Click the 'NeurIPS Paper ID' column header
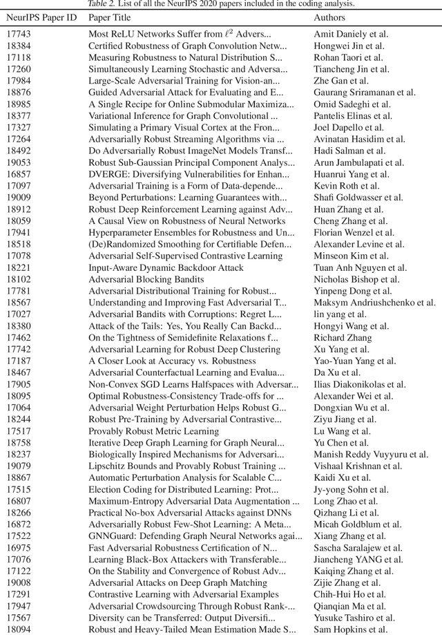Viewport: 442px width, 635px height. click(41, 17)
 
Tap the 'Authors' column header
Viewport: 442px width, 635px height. click(330, 17)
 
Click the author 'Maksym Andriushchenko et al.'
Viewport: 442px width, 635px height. click(374, 303)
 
